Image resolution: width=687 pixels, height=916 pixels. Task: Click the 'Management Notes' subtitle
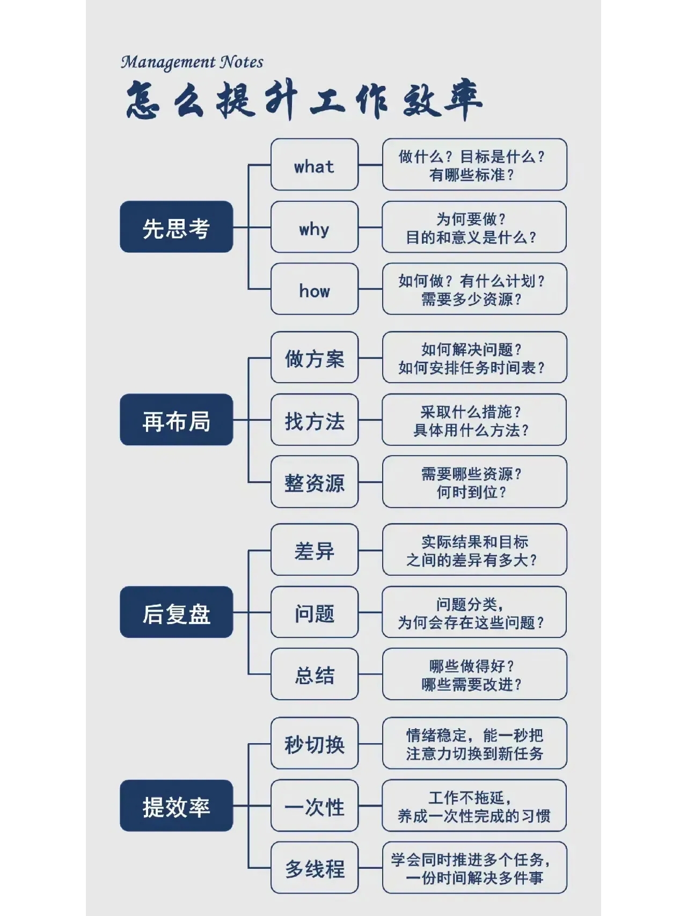pos(192,62)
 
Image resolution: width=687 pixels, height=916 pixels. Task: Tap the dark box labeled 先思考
pos(177,227)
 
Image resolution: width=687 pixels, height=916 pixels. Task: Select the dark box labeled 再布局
pos(177,420)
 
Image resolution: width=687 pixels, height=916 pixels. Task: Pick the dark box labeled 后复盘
pos(177,612)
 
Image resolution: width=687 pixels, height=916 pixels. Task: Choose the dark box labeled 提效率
pos(177,805)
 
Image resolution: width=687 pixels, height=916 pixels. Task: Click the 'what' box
pos(315,164)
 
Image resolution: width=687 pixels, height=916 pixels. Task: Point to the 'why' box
pos(315,227)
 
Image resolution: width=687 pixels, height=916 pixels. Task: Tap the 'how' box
pos(315,289)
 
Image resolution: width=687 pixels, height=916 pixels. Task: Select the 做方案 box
pos(315,357)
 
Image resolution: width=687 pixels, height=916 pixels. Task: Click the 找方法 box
pos(315,420)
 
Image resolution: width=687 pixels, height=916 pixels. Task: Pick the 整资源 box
pos(315,482)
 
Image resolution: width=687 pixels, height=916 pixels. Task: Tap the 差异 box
pos(315,550)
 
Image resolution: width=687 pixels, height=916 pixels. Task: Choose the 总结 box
pos(315,674)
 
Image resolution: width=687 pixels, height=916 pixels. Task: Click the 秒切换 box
pos(315,743)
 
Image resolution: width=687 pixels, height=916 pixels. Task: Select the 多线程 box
pos(315,868)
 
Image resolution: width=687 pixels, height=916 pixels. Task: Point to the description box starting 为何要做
pos(474,227)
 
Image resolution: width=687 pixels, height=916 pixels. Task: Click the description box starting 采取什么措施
pos(474,420)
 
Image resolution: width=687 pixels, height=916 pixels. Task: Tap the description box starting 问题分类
pos(474,612)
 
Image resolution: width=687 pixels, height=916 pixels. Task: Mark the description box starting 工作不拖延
pos(474,805)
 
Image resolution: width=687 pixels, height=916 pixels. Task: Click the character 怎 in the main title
pos(143,100)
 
